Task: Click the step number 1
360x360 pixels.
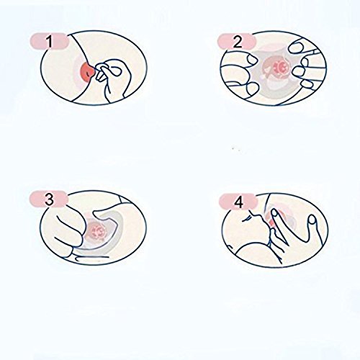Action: click(50, 41)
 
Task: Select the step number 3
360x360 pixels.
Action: click(50, 199)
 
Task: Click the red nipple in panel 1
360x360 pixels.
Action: click(88, 71)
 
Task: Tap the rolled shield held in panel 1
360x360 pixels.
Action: click(104, 71)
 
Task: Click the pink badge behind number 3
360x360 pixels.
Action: click(49, 199)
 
